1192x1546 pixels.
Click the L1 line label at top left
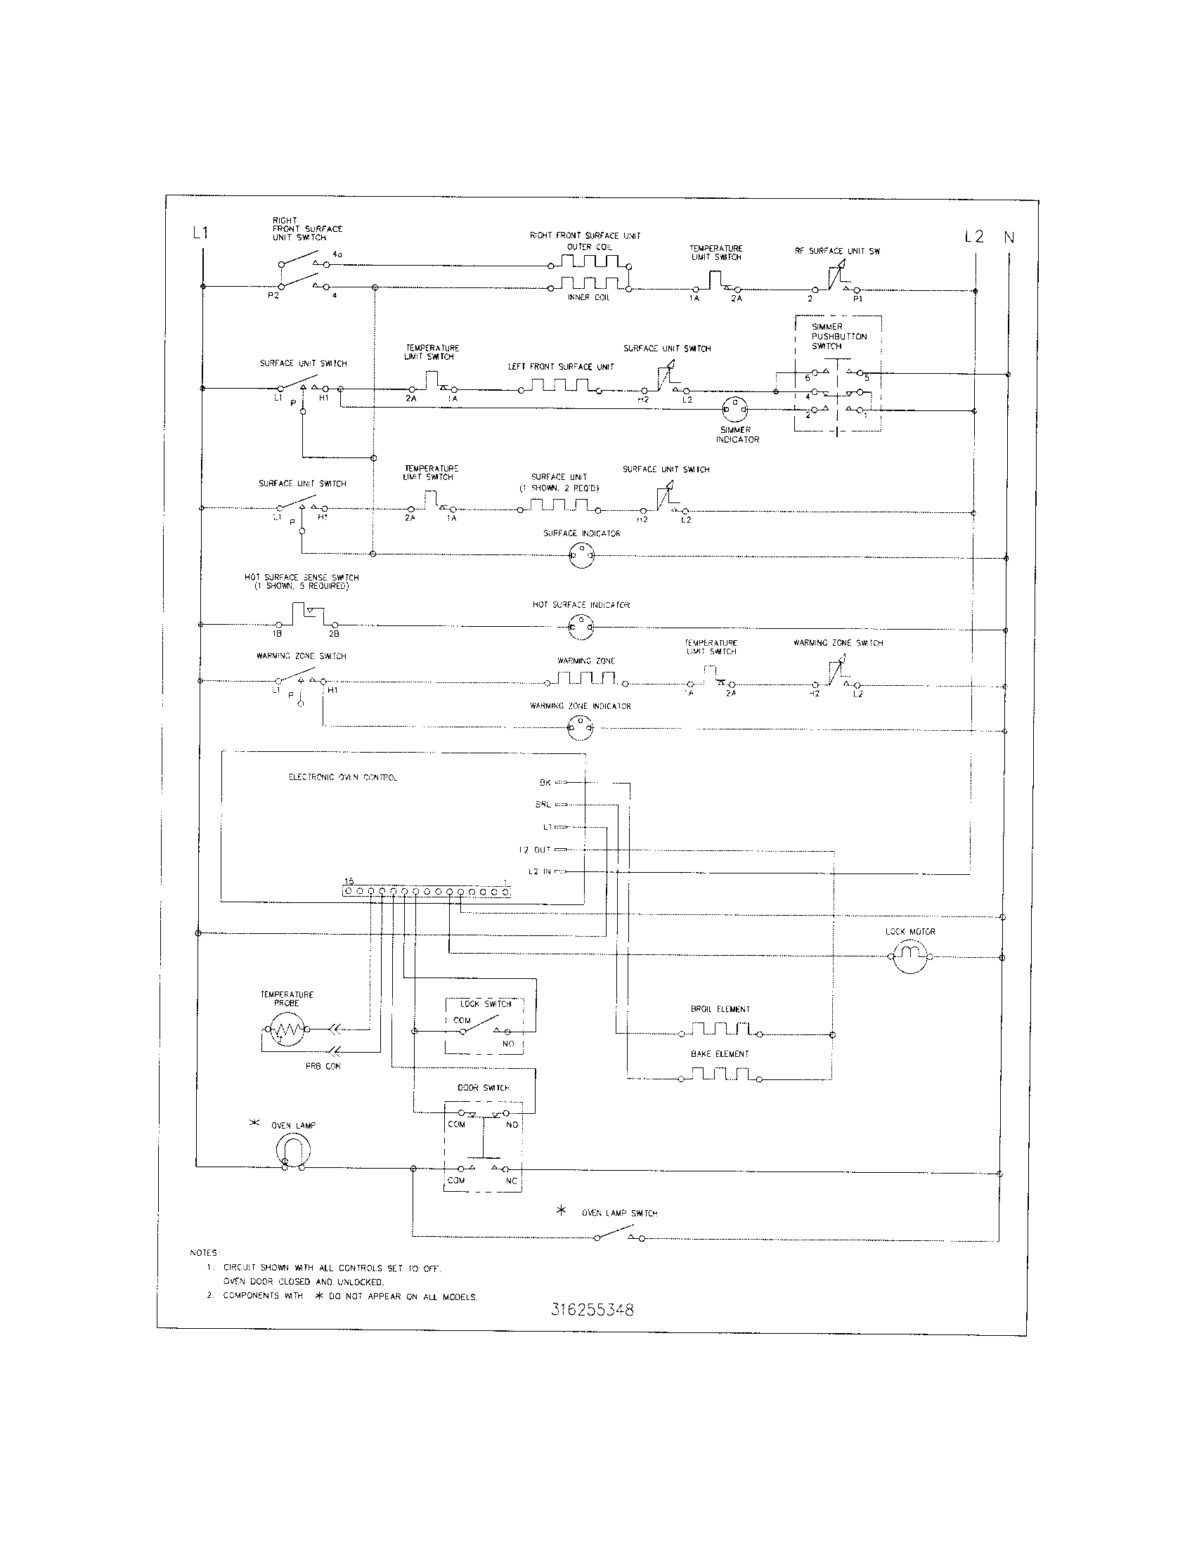[201, 233]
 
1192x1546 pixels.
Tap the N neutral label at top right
[1009, 238]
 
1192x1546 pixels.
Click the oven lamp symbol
[292, 1151]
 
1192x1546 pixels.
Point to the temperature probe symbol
[283, 1029]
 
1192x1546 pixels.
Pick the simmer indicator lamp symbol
[734, 410]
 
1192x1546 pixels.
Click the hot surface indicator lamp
[581, 626]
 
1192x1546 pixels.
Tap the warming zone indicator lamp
[580, 727]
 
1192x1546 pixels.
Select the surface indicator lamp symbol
[581, 557]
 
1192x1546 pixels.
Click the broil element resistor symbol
[720, 1029]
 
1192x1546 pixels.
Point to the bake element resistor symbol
[720, 1075]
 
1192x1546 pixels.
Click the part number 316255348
[592, 1310]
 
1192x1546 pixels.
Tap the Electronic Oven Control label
[342, 777]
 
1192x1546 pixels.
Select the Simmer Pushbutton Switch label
[838, 337]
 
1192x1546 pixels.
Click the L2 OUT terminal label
[534, 850]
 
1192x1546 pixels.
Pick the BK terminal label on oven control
[545, 783]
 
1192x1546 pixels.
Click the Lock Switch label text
[485, 1003]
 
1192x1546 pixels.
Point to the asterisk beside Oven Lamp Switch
[562, 1212]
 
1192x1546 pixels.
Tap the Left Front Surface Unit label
[561, 367]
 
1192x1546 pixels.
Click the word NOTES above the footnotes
[205, 1253]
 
